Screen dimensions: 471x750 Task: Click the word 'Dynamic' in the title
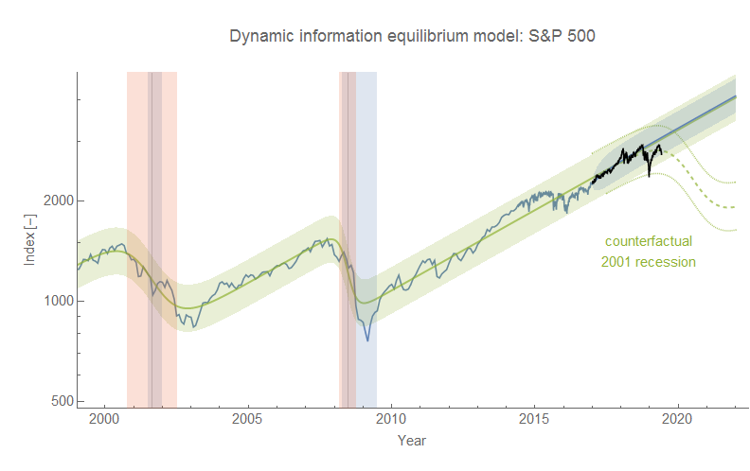[x=260, y=36]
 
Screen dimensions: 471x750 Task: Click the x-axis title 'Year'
[x=412, y=440]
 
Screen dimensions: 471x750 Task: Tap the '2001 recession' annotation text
[x=649, y=261]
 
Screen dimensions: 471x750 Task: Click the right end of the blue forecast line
[x=736, y=96]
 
